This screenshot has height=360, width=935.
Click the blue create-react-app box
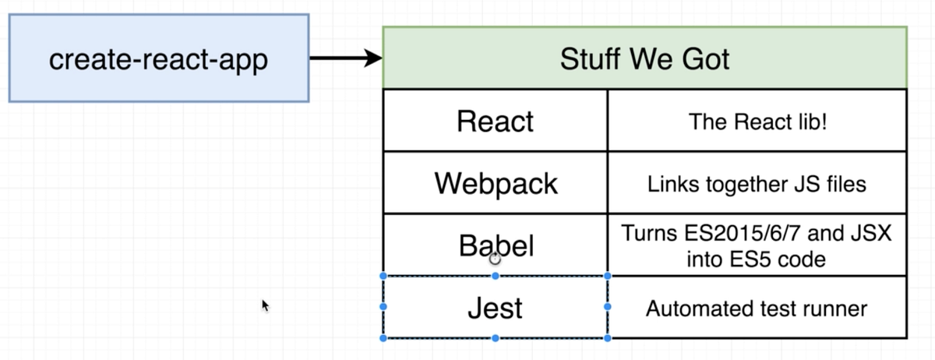click(x=158, y=58)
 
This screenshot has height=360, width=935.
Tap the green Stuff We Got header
click(x=644, y=58)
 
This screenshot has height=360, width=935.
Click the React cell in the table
click(x=495, y=121)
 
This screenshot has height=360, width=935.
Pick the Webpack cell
click(x=495, y=184)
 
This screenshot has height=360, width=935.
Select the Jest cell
click(x=495, y=309)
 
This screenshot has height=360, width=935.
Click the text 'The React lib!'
click(x=757, y=121)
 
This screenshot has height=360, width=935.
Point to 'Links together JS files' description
click(x=757, y=185)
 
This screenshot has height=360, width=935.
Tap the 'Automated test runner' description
click(x=757, y=309)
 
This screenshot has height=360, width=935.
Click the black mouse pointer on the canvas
click(x=266, y=305)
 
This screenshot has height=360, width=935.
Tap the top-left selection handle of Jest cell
click(x=383, y=276)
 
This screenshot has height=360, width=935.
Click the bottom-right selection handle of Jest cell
click(x=607, y=338)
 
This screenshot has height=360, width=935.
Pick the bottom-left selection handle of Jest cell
click(x=383, y=338)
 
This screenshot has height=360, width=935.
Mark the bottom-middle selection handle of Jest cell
click(x=495, y=338)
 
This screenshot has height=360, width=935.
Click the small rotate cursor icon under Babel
click(x=495, y=259)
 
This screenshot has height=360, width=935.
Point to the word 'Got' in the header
click(x=704, y=59)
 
